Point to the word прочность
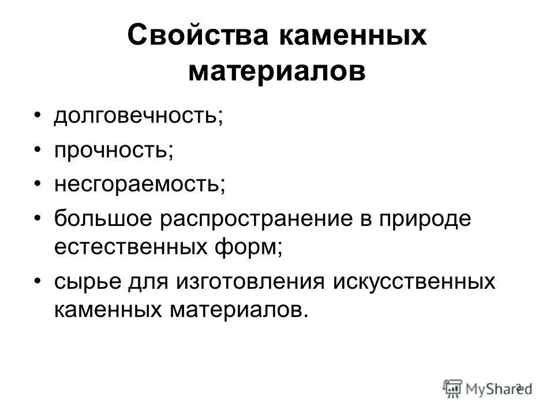[x=114, y=150]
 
